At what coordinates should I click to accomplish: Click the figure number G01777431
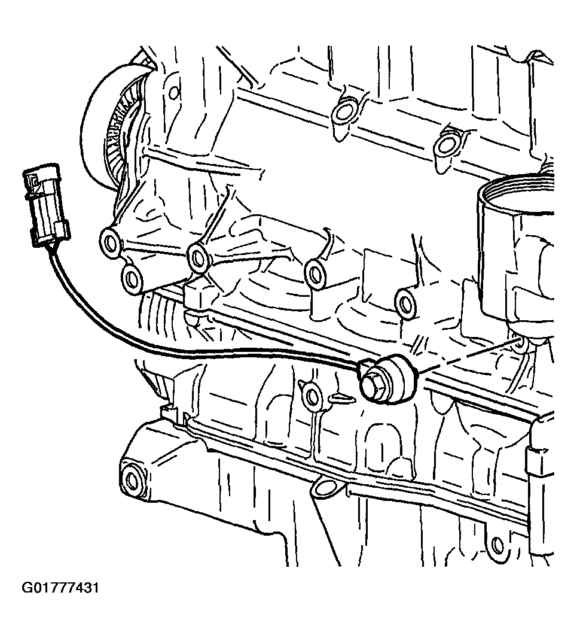tap(60, 588)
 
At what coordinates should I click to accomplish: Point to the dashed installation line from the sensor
tap(468, 354)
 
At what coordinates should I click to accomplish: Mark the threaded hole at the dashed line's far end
tap(519, 344)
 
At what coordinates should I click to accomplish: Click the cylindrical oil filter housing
tap(517, 253)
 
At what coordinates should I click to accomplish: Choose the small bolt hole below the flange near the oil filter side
tap(496, 544)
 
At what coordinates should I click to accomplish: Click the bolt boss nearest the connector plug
tap(109, 243)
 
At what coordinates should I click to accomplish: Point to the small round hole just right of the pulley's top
tap(173, 93)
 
